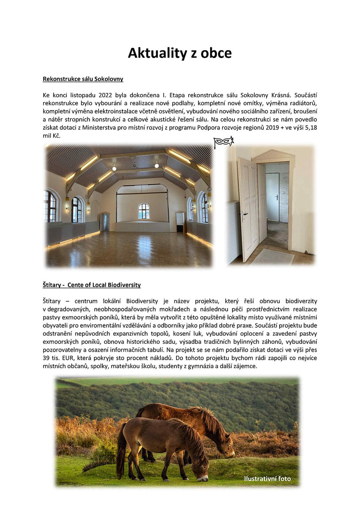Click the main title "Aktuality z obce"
coord(180,53)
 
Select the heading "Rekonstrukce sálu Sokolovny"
coord(83,79)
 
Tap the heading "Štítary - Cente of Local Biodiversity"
coord(92,285)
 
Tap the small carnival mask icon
coord(223,142)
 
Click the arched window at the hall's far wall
coord(144,211)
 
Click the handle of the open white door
coord(243,214)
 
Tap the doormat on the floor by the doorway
coord(272,256)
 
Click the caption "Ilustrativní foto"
coord(267,479)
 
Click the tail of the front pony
coord(121,456)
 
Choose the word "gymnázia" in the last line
coord(210,366)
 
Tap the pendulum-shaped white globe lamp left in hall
coord(114,168)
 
